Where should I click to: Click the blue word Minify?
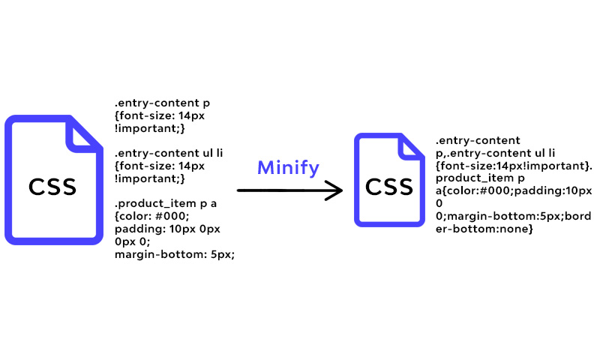(288, 168)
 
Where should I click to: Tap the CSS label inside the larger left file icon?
(52, 187)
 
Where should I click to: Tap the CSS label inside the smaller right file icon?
(389, 187)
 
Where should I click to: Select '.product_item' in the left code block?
(156, 203)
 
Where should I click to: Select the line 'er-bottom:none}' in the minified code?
(484, 229)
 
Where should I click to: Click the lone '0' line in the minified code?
(439, 203)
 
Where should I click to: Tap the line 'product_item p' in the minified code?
(480, 178)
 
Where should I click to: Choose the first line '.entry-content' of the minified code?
(478, 140)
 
